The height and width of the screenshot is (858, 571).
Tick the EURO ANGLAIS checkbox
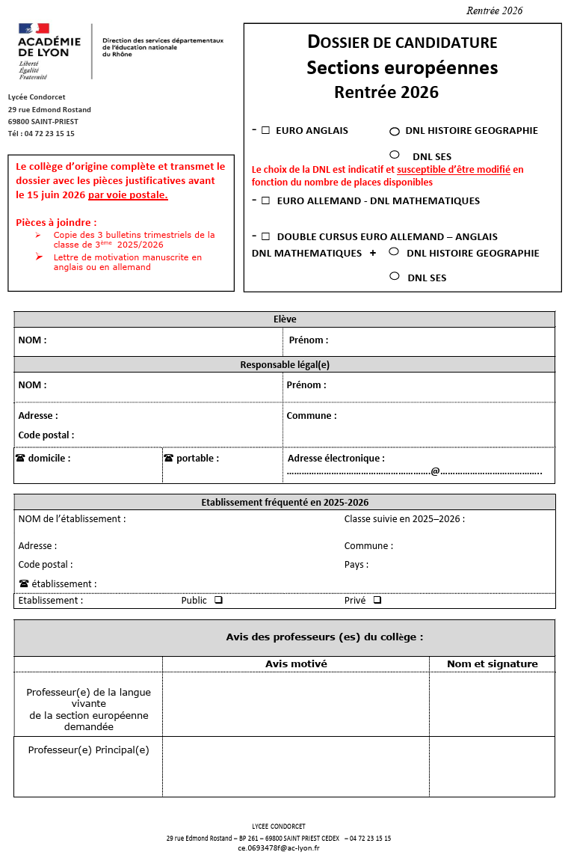[265, 130]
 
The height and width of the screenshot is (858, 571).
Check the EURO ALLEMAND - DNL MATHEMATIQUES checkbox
[265, 200]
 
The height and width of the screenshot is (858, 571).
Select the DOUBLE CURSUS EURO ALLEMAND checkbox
[265, 236]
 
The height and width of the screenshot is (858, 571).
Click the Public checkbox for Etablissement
[218, 600]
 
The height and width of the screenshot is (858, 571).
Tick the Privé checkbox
[377, 600]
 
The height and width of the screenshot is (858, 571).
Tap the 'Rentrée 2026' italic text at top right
[494, 10]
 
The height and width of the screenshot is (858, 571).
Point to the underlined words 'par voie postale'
[128, 195]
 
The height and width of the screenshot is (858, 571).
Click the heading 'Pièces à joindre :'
[56, 222]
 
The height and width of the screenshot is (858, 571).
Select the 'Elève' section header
[285, 319]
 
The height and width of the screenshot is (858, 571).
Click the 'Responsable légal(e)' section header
[285, 365]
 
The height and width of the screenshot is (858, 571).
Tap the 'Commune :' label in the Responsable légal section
[312, 416]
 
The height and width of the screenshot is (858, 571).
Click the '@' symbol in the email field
[435, 471]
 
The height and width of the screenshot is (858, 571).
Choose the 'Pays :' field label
[357, 565]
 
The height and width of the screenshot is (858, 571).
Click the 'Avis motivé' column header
[296, 664]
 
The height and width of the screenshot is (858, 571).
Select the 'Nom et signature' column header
[492, 664]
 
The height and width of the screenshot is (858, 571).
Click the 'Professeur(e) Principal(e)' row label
[88, 750]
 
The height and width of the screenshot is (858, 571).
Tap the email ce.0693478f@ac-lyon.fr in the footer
[279, 848]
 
